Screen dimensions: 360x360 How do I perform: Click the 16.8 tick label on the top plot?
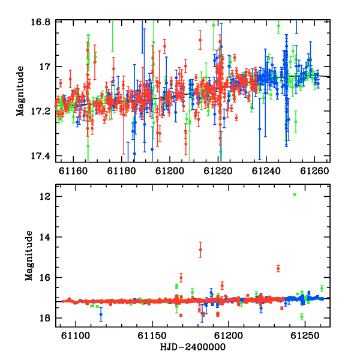[x=40, y=23]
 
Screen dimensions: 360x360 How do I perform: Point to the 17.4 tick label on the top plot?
[x=40, y=156]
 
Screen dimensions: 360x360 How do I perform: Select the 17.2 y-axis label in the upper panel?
[x=40, y=112]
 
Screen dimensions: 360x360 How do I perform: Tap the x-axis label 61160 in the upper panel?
[x=73, y=171]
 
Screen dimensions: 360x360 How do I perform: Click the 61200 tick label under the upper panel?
[x=170, y=171]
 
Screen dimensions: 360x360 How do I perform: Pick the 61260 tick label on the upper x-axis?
[x=314, y=171]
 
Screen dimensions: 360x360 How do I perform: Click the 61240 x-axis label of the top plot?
[x=266, y=171]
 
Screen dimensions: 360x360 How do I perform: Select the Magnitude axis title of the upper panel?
[x=20, y=91]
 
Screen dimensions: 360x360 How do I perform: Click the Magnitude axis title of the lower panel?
[x=29, y=256]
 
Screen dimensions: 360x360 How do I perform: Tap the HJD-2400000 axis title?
[x=193, y=347]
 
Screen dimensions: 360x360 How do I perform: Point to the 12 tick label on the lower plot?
[x=45, y=197]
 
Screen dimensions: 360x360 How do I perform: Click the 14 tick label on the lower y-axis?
[x=45, y=237]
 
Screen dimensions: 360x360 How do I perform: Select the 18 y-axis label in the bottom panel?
[x=45, y=318]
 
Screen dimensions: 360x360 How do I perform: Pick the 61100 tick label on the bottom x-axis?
[x=76, y=335]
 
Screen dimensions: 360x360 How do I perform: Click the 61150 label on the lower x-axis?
[x=152, y=335]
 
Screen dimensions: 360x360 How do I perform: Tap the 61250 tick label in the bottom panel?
[x=305, y=335]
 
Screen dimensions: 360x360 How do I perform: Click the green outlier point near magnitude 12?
[x=295, y=194]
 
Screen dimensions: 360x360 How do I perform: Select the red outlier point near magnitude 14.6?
[x=200, y=250]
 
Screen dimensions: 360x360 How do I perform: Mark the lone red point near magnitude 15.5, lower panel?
[x=278, y=268]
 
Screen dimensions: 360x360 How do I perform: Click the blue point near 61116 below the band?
[x=101, y=314]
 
